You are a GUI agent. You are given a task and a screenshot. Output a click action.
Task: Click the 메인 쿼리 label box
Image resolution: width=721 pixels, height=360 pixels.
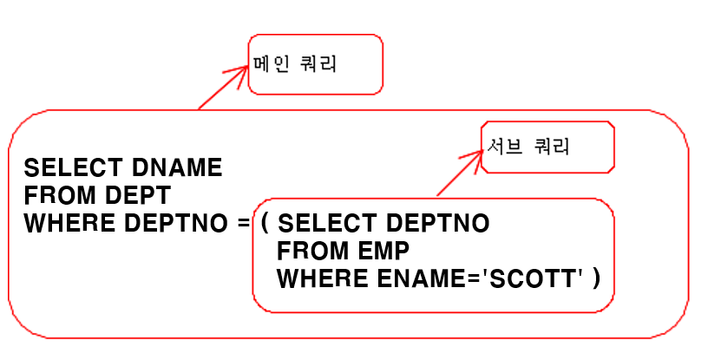click(315, 64)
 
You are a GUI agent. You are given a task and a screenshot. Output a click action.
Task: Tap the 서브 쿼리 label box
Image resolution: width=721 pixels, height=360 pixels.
click(548, 147)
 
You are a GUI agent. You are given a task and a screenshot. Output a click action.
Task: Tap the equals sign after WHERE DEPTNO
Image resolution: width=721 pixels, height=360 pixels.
click(243, 223)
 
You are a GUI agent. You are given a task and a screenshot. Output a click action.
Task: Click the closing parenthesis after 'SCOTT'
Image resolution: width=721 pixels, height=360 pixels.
click(595, 279)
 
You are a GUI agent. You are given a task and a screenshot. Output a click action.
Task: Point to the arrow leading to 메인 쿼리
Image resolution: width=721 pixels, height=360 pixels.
click(222, 87)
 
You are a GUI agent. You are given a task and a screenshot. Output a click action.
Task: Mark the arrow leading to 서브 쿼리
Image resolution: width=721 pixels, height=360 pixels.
click(457, 173)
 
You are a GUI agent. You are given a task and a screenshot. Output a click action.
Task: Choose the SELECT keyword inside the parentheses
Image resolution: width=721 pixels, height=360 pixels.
click(326, 223)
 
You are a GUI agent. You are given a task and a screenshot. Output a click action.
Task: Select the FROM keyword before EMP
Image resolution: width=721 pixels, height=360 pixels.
click(310, 252)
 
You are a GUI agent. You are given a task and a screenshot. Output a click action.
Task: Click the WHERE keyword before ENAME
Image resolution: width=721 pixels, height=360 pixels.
click(317, 279)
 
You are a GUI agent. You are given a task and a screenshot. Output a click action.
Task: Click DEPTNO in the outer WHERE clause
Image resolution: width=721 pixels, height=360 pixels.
click(170, 223)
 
